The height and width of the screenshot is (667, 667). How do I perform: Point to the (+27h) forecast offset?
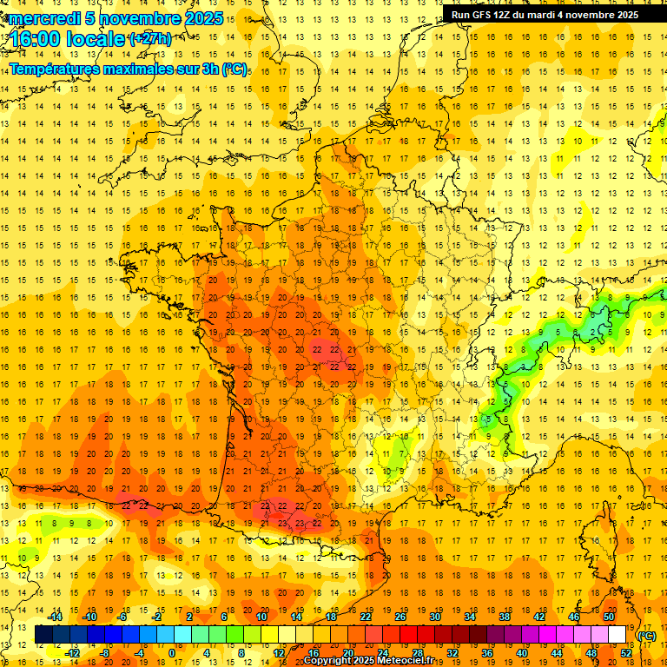tap(149, 38)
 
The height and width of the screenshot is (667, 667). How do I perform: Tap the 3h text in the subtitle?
tap(208, 69)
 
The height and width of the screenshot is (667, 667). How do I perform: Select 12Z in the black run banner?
tap(507, 14)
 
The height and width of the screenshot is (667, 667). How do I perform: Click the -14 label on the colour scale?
tap(56, 617)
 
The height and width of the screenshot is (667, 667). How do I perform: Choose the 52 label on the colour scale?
tap(626, 652)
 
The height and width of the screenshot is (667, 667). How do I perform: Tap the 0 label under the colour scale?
tap(172, 652)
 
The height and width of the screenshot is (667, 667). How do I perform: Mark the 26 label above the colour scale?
tap(400, 617)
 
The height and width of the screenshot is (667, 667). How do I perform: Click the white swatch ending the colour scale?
tap(617, 635)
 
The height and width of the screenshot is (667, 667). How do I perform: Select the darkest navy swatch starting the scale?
tap(43, 635)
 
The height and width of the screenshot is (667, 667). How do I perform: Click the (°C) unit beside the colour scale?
tap(646, 636)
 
